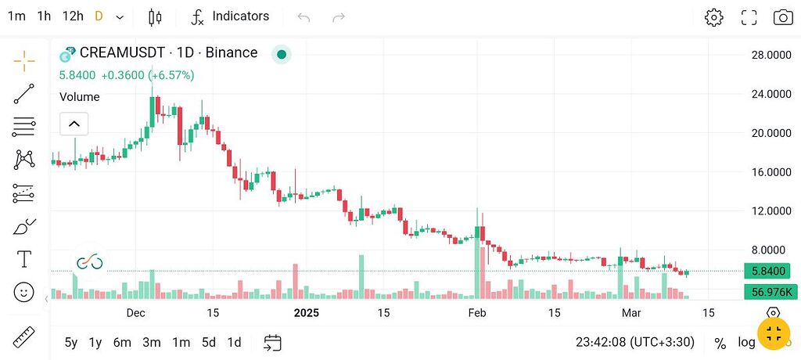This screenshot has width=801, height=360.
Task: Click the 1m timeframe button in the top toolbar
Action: pyautogui.click(x=16, y=16)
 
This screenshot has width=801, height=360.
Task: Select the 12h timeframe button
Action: pyautogui.click(x=73, y=16)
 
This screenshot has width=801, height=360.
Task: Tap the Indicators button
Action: pyautogui.click(x=231, y=16)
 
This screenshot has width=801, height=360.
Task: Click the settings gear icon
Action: pyautogui.click(x=713, y=17)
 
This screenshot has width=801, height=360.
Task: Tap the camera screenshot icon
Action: pyautogui.click(x=782, y=17)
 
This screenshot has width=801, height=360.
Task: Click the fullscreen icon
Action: pyautogui.click(x=749, y=17)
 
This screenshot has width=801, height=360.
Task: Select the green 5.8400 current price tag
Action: pyautogui.click(x=770, y=271)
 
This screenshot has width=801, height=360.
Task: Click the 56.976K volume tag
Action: pyautogui.click(x=770, y=292)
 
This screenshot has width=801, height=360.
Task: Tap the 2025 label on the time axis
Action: pyautogui.click(x=307, y=313)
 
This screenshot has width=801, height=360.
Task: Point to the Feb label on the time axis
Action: pyautogui.click(x=477, y=313)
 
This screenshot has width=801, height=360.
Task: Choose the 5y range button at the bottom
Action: pyautogui.click(x=71, y=342)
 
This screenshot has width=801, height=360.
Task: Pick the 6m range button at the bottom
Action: pyautogui.click(x=122, y=342)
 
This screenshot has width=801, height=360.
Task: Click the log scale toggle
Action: pyautogui.click(x=746, y=342)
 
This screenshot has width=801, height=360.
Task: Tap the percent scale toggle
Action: pyautogui.click(x=720, y=343)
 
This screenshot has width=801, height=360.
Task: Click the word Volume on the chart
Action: pyautogui.click(x=80, y=97)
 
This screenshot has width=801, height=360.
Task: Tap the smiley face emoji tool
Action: pyautogui.click(x=24, y=292)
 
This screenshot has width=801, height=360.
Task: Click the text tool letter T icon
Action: pyautogui.click(x=24, y=259)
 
